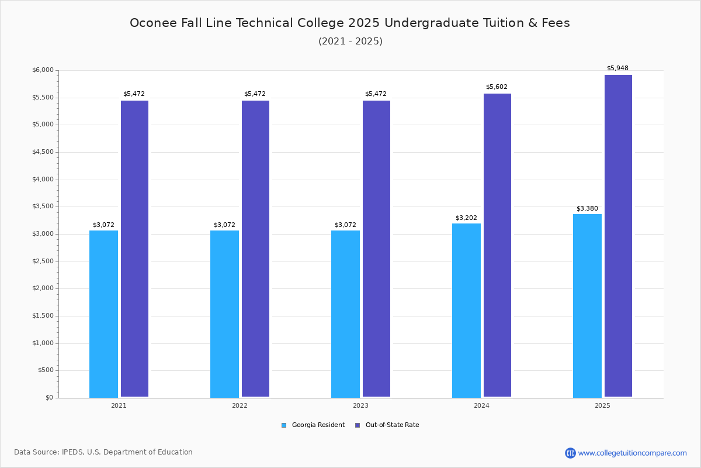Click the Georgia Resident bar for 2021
point(103,314)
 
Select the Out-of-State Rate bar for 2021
point(134,249)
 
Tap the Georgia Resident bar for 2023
point(345,314)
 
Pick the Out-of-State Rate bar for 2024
point(497,245)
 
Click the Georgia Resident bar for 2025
point(587,305)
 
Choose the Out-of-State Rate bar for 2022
point(255,249)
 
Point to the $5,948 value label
point(617,68)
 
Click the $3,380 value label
point(587,209)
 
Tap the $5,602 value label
point(497,87)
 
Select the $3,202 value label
point(466,218)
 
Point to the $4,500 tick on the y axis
point(43,152)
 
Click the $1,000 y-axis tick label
point(43,343)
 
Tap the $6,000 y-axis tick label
point(43,70)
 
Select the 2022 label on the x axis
point(240,405)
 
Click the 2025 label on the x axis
point(602,405)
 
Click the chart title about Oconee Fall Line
point(350,23)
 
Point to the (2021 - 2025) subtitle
point(350,42)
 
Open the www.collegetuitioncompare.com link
point(632,453)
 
